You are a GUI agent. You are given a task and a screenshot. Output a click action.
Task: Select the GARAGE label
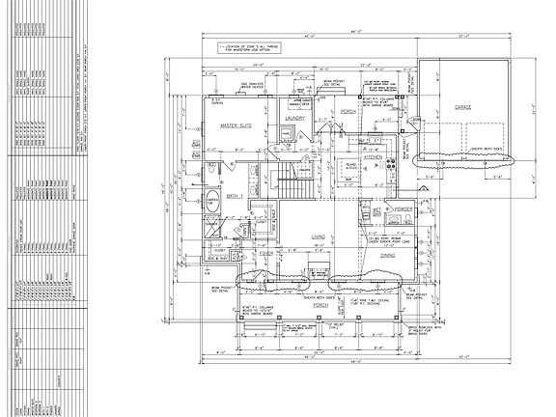click(x=458, y=108)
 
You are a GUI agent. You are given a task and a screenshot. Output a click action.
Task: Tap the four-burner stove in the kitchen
click(x=390, y=165)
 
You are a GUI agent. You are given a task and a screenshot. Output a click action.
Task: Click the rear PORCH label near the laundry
click(x=349, y=111)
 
